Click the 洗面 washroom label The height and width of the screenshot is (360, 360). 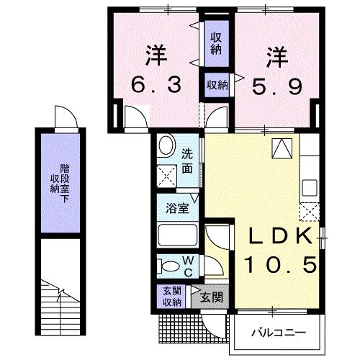186,159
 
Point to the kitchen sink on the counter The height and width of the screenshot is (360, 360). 310,188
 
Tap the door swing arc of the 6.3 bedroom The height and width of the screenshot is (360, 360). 135,115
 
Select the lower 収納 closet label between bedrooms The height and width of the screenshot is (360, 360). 217,85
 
